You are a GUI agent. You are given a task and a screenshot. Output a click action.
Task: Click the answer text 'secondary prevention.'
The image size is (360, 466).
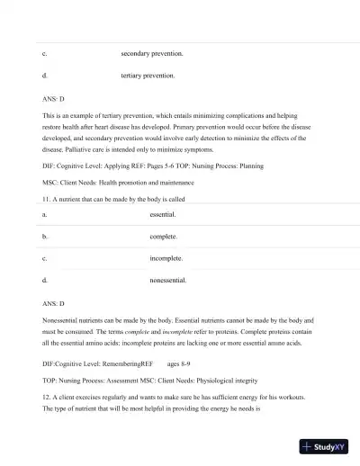click(x=152, y=54)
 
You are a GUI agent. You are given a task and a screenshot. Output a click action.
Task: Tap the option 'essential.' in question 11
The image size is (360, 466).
click(x=163, y=216)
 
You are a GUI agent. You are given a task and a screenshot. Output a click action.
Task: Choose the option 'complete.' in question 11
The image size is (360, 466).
click(x=164, y=237)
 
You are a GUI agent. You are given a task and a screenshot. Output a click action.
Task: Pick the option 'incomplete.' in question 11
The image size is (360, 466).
click(x=166, y=259)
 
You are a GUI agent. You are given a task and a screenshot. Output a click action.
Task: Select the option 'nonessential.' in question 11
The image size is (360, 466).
click(x=168, y=281)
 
